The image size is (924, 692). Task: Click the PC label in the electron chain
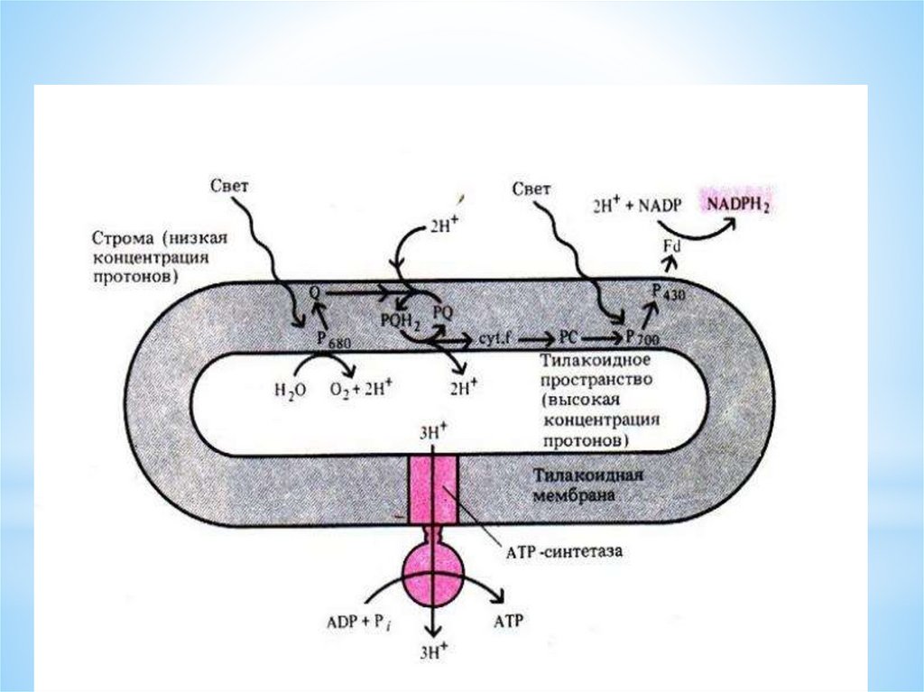pos(568,337)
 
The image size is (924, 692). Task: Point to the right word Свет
pos(531,189)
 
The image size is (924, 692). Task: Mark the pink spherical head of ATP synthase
pos(433,574)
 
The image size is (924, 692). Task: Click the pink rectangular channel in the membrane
pos(433,490)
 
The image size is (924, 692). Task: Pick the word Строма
pos(122,239)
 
